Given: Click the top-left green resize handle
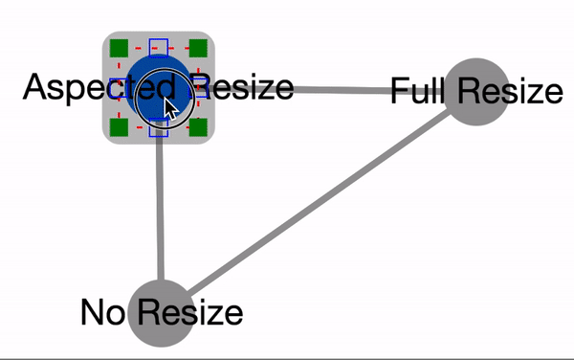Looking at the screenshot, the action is [119, 48].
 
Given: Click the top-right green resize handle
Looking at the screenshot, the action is [198, 48].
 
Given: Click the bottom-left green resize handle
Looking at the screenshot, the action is [119, 127].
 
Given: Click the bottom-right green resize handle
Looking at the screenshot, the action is [198, 127].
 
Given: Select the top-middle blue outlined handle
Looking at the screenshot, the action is [159, 48].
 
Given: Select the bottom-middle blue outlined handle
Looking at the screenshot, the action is [159, 127].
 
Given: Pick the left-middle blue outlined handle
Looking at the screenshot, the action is [119, 88].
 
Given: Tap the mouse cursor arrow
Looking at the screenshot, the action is [170, 109].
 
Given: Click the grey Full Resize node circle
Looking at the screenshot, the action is [476, 92].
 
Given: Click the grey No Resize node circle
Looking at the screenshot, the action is [162, 313].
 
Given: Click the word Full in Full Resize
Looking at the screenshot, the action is [417, 90].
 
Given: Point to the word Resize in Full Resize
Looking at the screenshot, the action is [510, 90].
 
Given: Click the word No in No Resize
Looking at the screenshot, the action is [102, 312].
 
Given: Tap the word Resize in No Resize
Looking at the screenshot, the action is [190, 312].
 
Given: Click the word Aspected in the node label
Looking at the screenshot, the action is [99, 88].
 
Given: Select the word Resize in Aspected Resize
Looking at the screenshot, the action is [242, 88].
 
